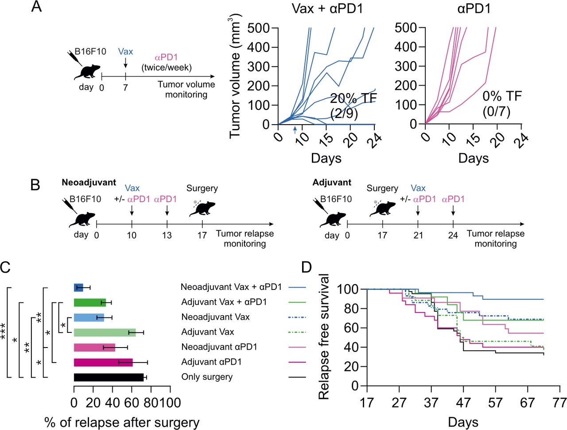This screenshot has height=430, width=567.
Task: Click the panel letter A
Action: pyautogui.click(x=37, y=7)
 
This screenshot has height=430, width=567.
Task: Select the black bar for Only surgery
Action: pyautogui.click(x=109, y=377)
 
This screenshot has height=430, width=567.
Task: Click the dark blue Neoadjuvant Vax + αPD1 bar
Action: pyautogui.click(x=78, y=288)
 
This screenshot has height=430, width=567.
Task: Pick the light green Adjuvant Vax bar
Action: pyautogui.click(x=105, y=332)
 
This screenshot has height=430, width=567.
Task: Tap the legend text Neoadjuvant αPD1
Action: pyautogui.click(x=219, y=347)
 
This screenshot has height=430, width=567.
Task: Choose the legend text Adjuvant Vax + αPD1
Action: pyautogui.click(x=224, y=302)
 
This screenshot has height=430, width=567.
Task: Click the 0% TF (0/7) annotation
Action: pyautogui.click(x=502, y=104)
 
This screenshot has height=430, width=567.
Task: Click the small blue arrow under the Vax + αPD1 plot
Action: pyautogui.click(x=295, y=130)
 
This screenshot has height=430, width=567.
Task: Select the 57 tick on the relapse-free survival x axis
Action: pyautogui.click(x=496, y=403)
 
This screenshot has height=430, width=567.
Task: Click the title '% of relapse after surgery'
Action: pyautogui.click(x=122, y=422)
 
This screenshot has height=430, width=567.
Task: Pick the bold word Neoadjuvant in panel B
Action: pyautogui.click(x=89, y=182)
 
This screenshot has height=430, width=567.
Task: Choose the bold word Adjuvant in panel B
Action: pyautogui.click(x=331, y=182)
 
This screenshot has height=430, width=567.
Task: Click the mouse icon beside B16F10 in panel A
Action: pyautogui.click(x=85, y=69)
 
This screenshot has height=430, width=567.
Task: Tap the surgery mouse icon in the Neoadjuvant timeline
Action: pyautogui.click(x=202, y=207)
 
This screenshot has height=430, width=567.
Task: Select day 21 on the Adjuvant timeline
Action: pyautogui.click(x=418, y=235)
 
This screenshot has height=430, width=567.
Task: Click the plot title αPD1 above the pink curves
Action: pyautogui.click(x=474, y=8)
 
